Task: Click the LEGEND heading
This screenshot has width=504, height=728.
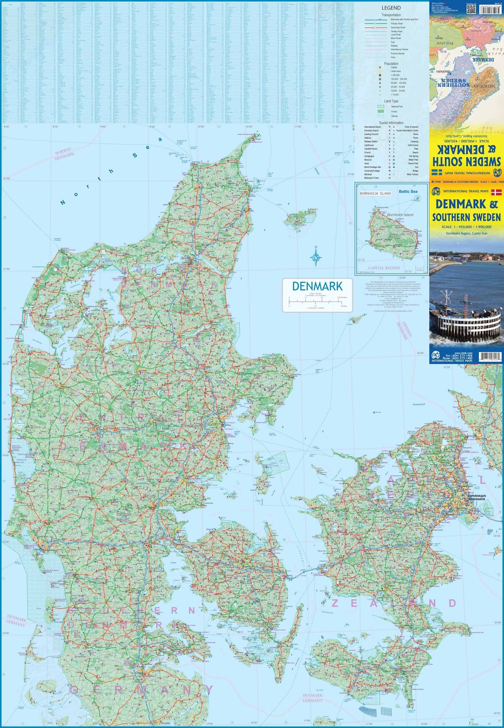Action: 391,8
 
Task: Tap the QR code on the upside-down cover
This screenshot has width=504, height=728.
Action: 471,9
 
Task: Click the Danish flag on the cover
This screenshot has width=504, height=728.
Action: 496,192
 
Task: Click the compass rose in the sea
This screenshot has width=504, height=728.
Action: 316,257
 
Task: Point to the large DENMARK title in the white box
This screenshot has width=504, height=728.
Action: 317,286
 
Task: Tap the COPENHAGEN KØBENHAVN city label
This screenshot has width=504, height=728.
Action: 476,498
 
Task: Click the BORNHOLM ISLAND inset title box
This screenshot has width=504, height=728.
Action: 375,194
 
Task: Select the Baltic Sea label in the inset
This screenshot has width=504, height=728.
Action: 408,191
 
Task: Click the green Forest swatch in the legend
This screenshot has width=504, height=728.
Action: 380,111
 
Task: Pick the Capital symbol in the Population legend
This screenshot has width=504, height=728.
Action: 380,68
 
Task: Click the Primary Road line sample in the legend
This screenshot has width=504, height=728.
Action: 376,24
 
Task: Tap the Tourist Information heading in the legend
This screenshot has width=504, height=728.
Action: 391,123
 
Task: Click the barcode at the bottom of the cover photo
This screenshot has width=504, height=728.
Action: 490,357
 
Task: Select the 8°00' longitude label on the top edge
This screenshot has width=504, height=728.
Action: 6,127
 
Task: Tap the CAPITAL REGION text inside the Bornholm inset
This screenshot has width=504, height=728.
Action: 384,268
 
